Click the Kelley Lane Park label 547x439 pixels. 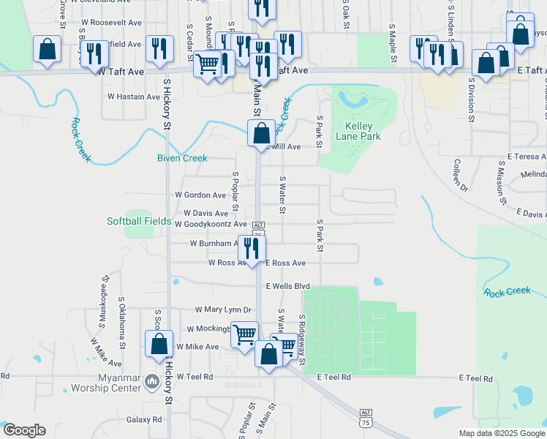[358, 131]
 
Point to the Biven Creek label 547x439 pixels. [182, 158]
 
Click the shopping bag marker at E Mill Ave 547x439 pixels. [261, 133]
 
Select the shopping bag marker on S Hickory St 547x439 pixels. [159, 344]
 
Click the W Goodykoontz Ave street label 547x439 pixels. [211, 224]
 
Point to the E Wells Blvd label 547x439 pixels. [288, 286]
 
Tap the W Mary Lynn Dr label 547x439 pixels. [223, 310]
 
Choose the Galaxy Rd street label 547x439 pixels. [144, 420]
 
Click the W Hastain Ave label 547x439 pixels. [134, 97]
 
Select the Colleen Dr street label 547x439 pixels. [460, 176]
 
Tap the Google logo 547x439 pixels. [23, 430]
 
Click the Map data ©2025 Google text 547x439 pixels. [501, 433]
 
